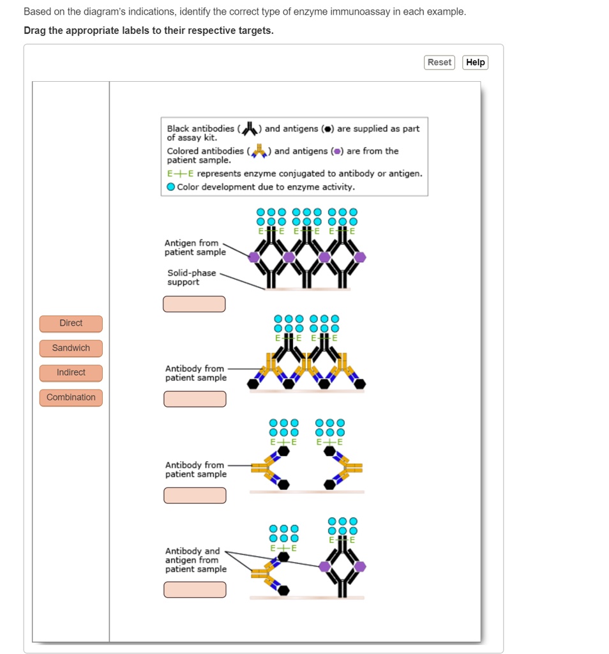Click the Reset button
tap(439, 63)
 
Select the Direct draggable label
tap(71, 323)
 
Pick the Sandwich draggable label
tap(71, 348)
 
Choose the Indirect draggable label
tap(71, 372)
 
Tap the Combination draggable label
tap(71, 397)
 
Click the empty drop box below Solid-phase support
tap(194, 304)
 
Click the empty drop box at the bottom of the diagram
tap(195, 589)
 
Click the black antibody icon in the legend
tap(250, 128)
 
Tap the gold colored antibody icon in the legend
tap(259, 151)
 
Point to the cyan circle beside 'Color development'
tap(171, 187)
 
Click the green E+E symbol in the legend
tap(180, 174)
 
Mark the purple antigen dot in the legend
tap(338, 152)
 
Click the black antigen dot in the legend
tap(328, 129)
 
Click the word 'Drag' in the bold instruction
tap(36, 31)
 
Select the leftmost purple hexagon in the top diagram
tap(254, 257)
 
